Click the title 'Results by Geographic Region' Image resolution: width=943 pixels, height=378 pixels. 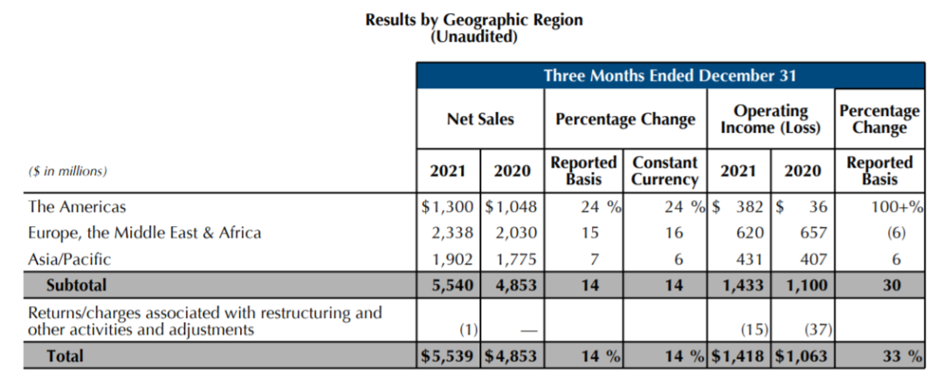[x=473, y=20]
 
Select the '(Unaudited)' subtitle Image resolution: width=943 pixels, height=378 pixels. [x=473, y=37]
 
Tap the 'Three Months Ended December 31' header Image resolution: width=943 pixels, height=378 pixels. [x=670, y=76]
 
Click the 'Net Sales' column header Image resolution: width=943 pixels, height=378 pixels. [x=480, y=119]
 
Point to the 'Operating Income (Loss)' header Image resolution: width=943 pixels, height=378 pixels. [x=770, y=120]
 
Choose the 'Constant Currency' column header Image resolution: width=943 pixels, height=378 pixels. [x=665, y=171]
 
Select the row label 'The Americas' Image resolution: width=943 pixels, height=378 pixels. [x=77, y=208]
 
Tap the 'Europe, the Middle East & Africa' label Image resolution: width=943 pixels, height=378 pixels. [x=144, y=233]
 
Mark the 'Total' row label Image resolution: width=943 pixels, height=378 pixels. [x=65, y=356]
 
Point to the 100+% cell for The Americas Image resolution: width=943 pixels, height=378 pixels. [x=891, y=208]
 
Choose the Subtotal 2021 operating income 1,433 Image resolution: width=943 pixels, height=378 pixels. [x=744, y=285]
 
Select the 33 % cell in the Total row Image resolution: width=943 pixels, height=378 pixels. [x=891, y=356]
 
